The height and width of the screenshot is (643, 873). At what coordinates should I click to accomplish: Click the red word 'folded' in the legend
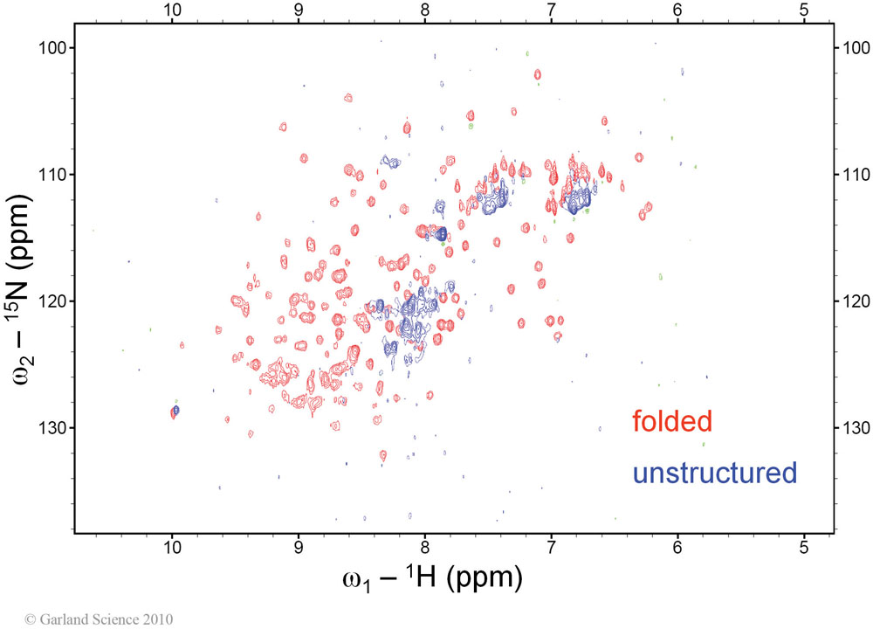pyautogui.click(x=672, y=421)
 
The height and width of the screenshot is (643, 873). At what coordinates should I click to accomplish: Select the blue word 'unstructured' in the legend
pyautogui.click(x=715, y=473)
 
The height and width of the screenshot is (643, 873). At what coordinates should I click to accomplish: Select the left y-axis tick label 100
pyautogui.click(x=53, y=48)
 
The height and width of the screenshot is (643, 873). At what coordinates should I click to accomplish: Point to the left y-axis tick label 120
pyautogui.click(x=53, y=301)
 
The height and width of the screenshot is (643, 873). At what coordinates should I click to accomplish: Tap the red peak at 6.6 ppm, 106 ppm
pyautogui.click(x=604, y=121)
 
